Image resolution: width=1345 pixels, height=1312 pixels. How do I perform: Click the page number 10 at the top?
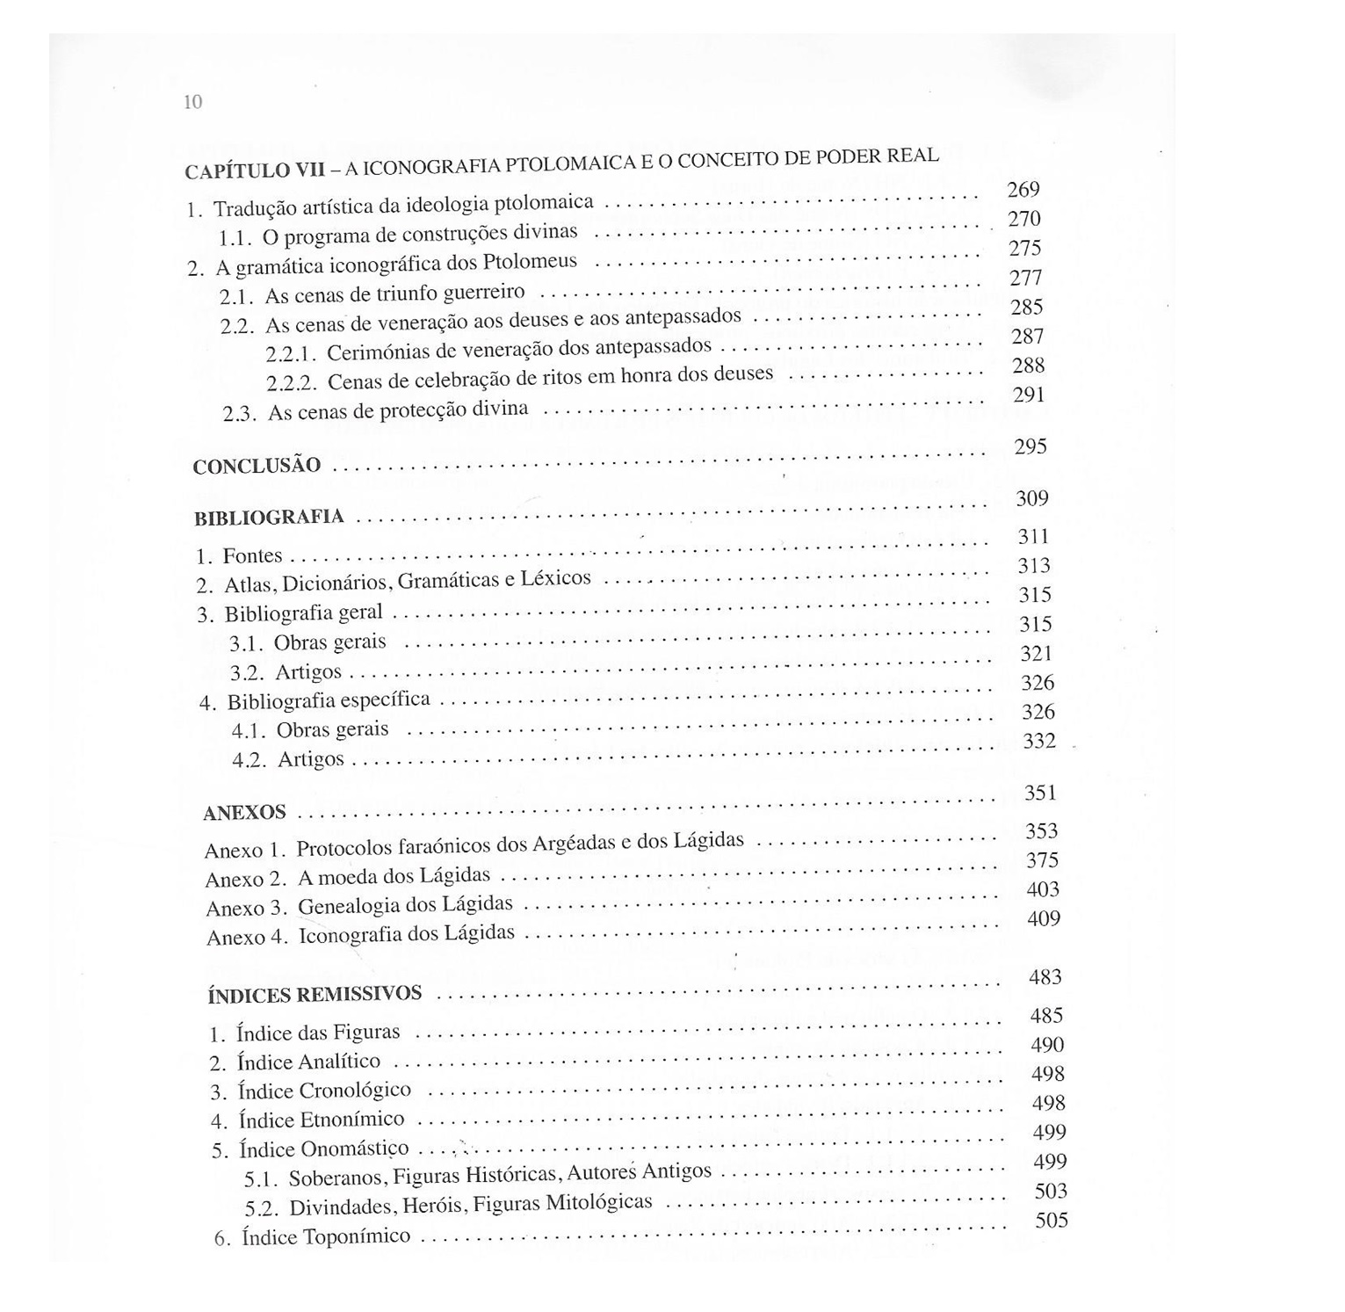click(193, 102)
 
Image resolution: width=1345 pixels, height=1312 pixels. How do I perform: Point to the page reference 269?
click(1023, 190)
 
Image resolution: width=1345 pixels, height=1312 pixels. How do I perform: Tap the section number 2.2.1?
click(290, 354)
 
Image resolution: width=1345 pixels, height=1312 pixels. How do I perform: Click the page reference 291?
click(1029, 395)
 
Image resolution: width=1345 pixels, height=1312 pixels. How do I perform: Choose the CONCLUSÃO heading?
click(257, 466)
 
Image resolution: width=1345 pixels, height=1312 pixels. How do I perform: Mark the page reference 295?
click(1030, 446)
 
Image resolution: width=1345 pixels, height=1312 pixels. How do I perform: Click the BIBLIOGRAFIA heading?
click(269, 518)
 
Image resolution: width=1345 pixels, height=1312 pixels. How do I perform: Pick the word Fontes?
click(252, 556)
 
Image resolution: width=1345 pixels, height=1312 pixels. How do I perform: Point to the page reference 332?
click(1039, 741)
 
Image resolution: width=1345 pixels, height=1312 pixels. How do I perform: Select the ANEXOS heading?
click(244, 813)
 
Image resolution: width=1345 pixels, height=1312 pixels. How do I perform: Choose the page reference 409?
click(1044, 918)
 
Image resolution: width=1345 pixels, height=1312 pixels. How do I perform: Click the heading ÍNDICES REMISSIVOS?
click(315, 995)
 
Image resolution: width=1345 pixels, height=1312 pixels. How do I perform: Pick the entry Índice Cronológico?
click(324, 1091)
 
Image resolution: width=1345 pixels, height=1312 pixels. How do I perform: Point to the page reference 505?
click(1051, 1220)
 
